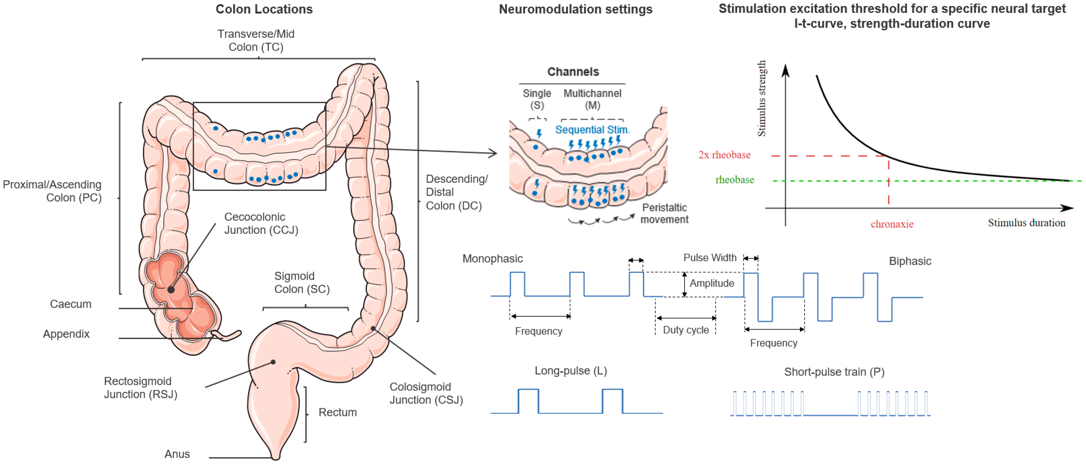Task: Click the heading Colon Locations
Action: [x=264, y=9]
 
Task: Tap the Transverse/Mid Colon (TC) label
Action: [x=256, y=40]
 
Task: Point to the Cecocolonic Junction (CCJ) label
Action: [x=261, y=223]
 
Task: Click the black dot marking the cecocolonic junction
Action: [x=171, y=290]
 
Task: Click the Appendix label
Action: [x=66, y=334]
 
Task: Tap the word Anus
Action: [x=177, y=454]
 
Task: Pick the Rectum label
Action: [x=337, y=412]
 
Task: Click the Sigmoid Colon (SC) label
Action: [x=302, y=283]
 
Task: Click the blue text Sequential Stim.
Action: [x=592, y=130]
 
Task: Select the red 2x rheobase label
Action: [x=724, y=155]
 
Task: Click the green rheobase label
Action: [x=734, y=180]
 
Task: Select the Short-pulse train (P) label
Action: [x=834, y=372]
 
